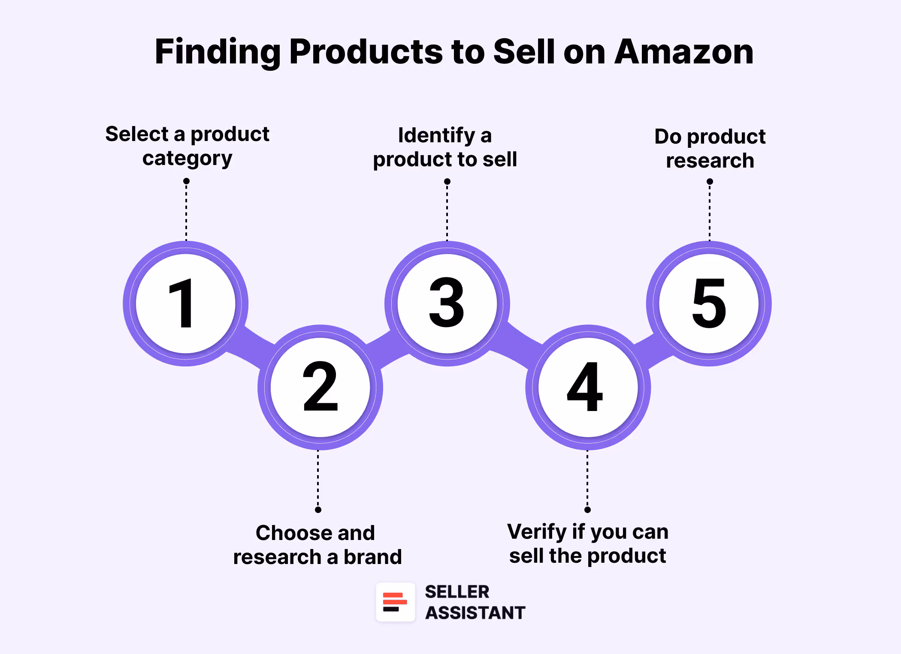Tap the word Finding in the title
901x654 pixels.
(x=217, y=52)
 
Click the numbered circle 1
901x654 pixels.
(x=186, y=303)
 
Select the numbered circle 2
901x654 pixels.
(x=320, y=387)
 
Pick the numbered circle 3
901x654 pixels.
(x=447, y=303)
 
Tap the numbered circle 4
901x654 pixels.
(x=588, y=387)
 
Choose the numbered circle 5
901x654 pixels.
(x=709, y=303)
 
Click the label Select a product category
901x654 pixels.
(x=187, y=146)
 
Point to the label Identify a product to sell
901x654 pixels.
(x=445, y=147)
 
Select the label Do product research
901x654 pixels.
(x=710, y=148)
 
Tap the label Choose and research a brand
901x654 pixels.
(x=317, y=545)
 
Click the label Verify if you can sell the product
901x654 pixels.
(x=587, y=543)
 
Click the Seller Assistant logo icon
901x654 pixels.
(x=395, y=602)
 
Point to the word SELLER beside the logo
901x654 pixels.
(x=457, y=592)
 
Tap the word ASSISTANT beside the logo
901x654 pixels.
(x=475, y=613)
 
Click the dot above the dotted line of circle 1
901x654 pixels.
(x=186, y=181)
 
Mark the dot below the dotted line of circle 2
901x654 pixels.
(x=318, y=510)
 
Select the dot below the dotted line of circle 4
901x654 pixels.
(x=587, y=510)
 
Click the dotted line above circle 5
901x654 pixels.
(x=710, y=212)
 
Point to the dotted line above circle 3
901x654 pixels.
(x=447, y=212)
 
